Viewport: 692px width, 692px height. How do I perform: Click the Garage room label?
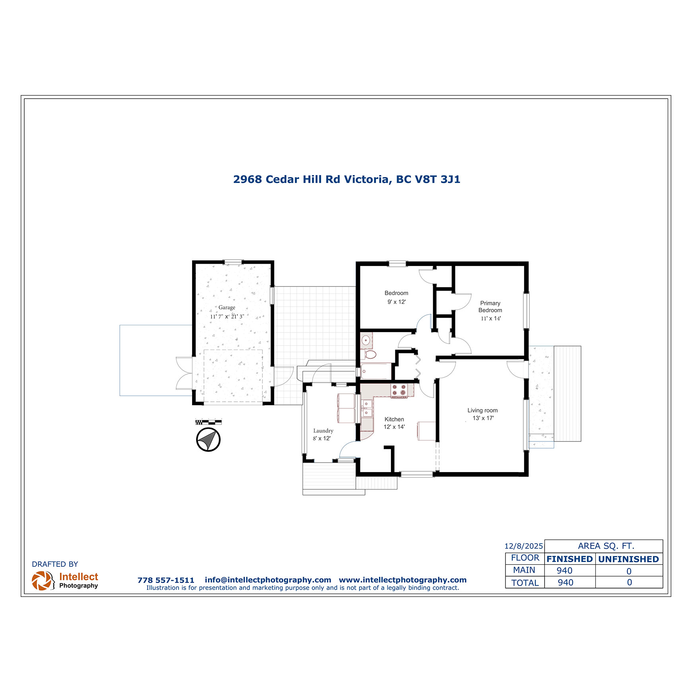coord(227,307)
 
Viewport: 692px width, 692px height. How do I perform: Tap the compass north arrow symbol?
coord(208,439)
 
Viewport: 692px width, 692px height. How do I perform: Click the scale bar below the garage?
coord(208,422)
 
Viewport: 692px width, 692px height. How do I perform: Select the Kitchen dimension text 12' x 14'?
coord(394,427)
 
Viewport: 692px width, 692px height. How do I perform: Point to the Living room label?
coord(482,410)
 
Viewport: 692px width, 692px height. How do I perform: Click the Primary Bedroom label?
coord(490,307)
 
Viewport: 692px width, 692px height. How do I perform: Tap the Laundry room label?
coord(323,431)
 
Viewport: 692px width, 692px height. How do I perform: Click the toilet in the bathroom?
coord(369,354)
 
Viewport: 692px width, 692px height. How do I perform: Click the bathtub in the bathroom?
coord(376,371)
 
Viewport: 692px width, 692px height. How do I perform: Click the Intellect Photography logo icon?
coord(43,581)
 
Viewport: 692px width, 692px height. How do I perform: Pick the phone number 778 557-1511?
coord(166,580)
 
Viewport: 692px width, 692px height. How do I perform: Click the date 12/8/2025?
coord(523,546)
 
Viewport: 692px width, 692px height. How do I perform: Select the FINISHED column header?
coord(570,559)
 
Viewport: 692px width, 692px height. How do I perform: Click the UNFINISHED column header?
coord(628,559)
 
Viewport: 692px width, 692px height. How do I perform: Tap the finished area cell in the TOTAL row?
coord(566,583)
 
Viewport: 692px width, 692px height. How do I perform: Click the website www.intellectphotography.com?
coord(402,580)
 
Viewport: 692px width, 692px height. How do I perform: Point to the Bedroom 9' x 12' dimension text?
coord(397,302)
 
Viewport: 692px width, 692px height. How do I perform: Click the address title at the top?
coord(346,179)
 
